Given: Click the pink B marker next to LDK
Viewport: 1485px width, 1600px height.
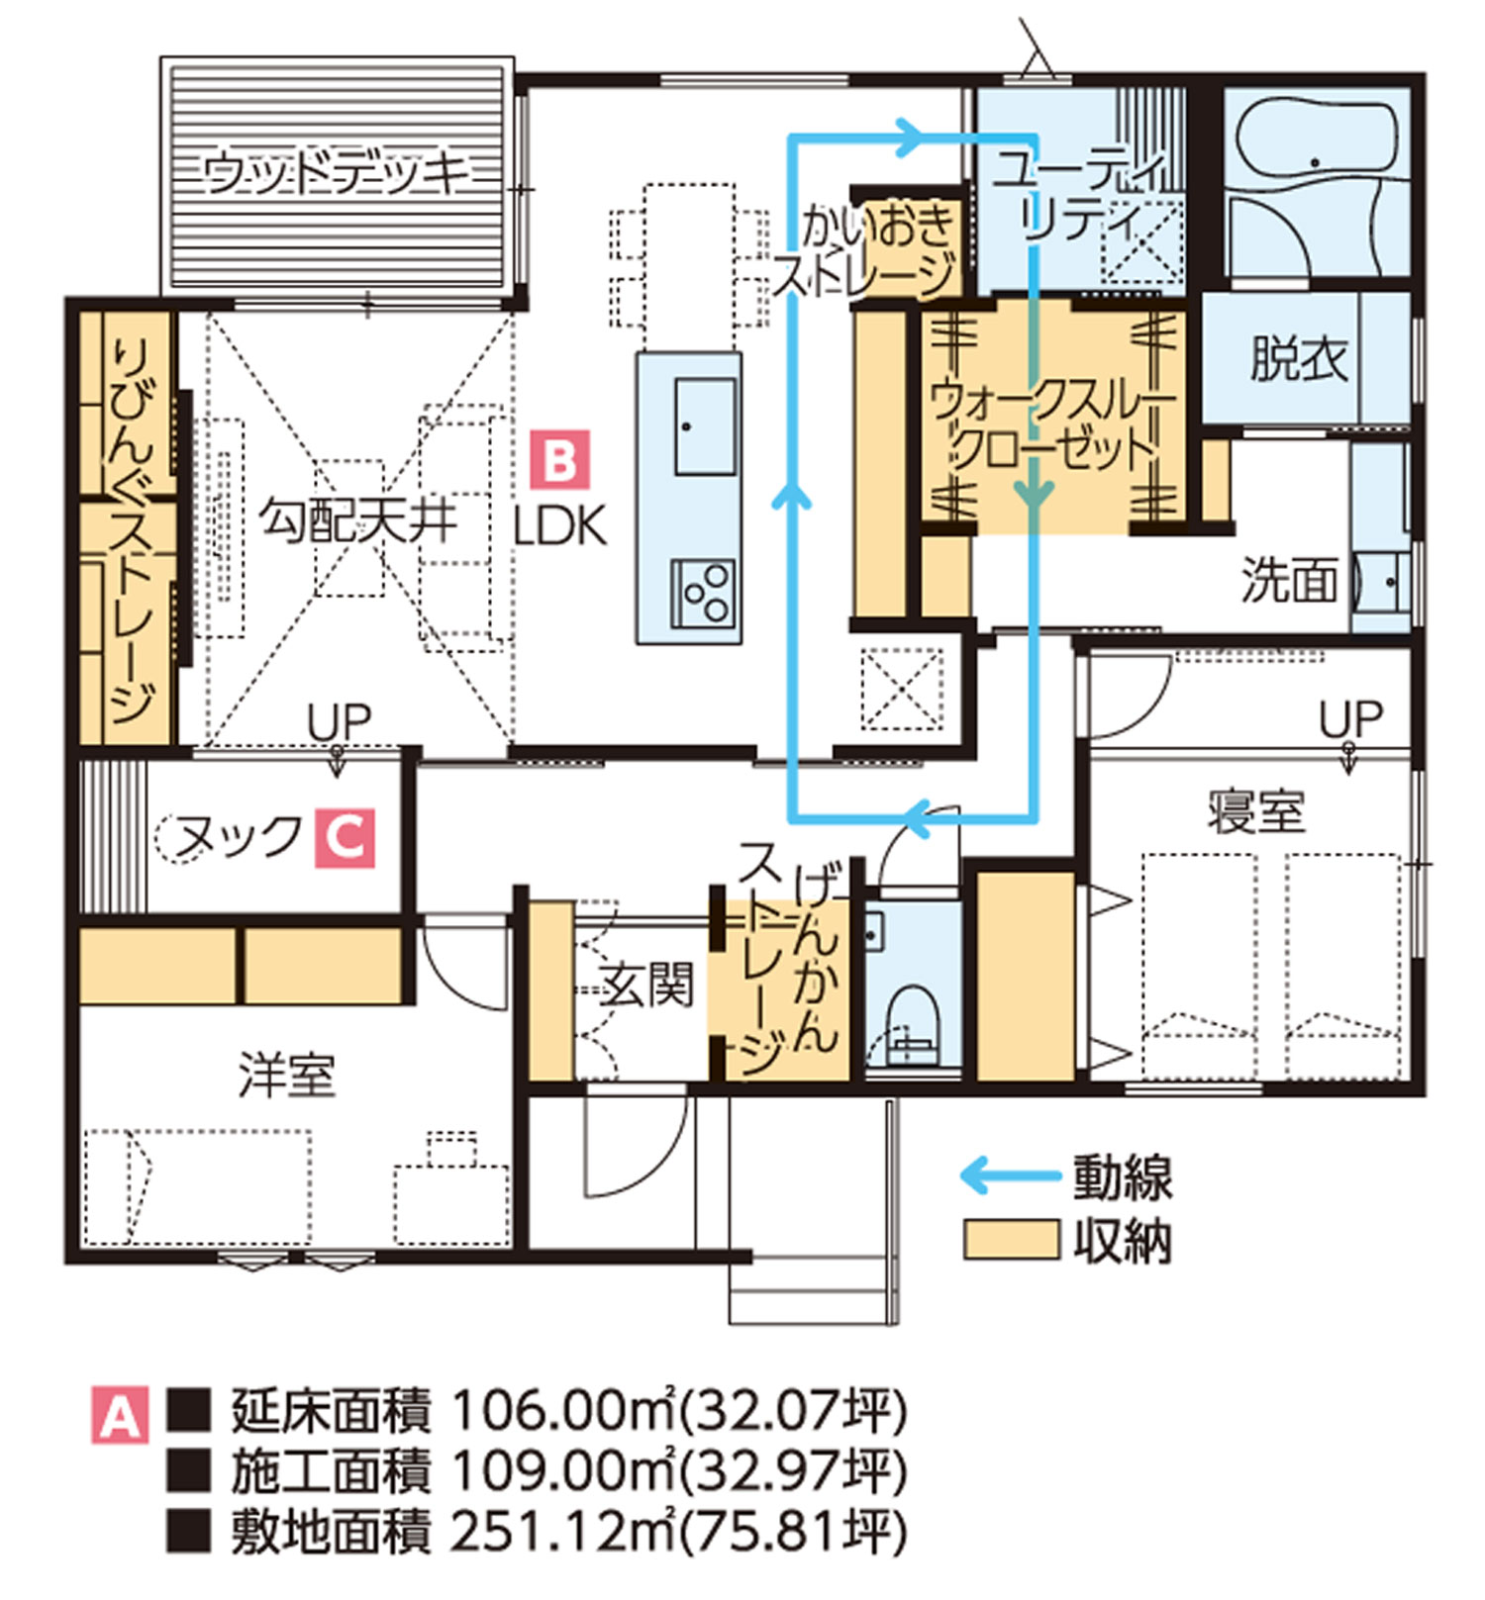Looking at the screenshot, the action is [x=560, y=459].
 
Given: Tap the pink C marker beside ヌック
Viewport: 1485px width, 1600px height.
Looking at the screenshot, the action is [x=346, y=838].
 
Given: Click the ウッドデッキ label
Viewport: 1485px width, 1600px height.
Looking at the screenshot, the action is [x=336, y=174].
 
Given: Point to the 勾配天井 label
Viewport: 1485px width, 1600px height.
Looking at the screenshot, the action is [x=357, y=520].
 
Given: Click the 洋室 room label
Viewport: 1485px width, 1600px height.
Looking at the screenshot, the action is [x=287, y=1075].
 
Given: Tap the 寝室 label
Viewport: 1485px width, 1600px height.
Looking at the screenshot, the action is [x=1255, y=811].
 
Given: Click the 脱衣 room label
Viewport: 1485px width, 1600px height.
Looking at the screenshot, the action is [x=1299, y=358].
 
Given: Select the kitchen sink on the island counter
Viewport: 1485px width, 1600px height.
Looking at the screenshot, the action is [x=705, y=426].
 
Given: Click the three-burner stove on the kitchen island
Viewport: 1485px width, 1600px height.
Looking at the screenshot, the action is [x=704, y=594].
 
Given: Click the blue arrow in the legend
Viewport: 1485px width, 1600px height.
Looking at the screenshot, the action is [x=1010, y=1176].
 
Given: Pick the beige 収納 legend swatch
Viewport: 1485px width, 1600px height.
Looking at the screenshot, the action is [x=1012, y=1239].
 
